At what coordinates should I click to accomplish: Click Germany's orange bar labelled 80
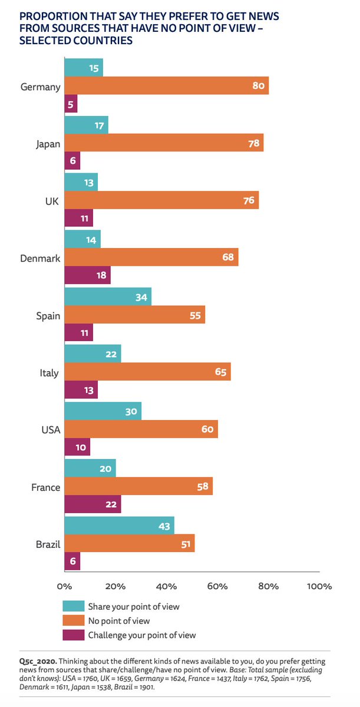(x=166, y=86)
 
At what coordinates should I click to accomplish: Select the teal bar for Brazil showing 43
(x=118, y=525)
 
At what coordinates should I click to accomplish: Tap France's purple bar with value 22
(x=92, y=504)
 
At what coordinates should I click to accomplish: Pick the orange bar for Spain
(x=134, y=315)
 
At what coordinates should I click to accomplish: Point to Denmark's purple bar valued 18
(x=87, y=275)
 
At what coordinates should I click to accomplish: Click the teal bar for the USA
(x=102, y=411)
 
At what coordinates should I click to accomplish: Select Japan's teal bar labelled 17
(x=85, y=124)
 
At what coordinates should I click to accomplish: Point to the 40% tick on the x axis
(x=166, y=586)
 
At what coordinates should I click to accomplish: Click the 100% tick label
(x=319, y=586)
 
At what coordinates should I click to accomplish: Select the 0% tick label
(x=64, y=586)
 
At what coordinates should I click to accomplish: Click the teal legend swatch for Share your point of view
(x=73, y=606)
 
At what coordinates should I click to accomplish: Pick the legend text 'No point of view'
(x=118, y=620)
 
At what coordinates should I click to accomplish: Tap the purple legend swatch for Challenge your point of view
(x=73, y=635)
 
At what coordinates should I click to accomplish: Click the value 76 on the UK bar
(x=248, y=200)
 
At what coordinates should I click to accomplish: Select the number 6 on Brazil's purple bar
(x=72, y=561)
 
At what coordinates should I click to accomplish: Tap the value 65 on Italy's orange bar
(x=220, y=372)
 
